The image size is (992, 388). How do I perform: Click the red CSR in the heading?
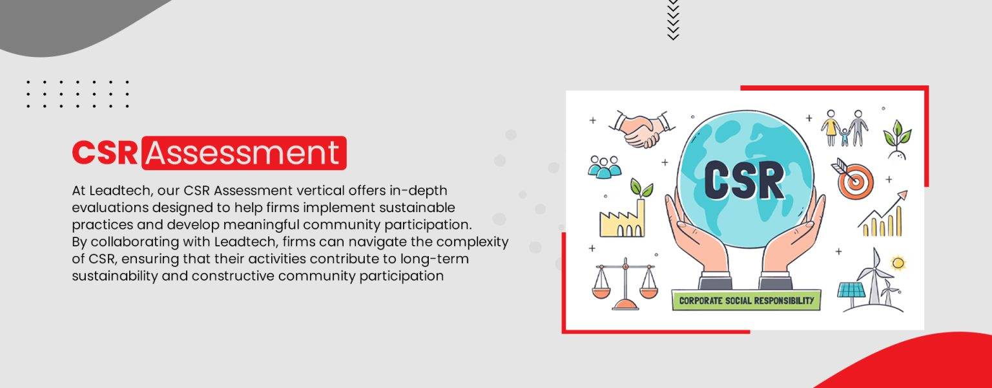[105, 153]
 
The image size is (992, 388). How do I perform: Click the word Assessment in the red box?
[243, 153]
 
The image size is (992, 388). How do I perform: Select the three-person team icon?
[604, 167]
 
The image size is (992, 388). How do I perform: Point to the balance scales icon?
[625, 285]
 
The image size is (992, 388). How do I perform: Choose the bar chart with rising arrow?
[882, 215]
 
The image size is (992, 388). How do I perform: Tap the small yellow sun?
[898, 263]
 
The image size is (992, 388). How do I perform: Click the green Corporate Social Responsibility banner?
[746, 300]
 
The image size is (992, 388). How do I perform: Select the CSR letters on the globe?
[744, 179]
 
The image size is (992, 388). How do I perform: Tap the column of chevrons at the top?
[673, 19]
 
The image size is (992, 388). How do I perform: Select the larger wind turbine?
[874, 277]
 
